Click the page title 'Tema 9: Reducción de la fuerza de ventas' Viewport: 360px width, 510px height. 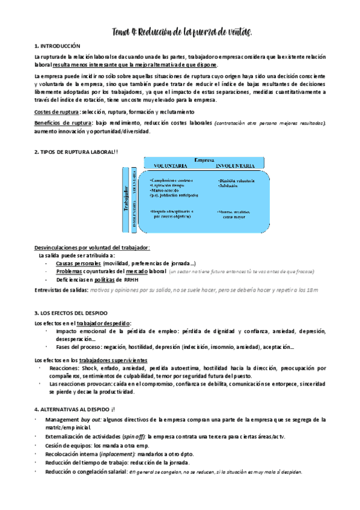coord(180,31)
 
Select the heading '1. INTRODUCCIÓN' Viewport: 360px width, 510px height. coord(62,46)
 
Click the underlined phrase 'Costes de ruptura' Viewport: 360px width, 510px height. coord(56,112)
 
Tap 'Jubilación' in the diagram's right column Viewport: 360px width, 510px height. coord(230,186)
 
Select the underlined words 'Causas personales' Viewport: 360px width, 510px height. coord(78,263)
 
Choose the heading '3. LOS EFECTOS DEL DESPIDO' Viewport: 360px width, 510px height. coord(71,313)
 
